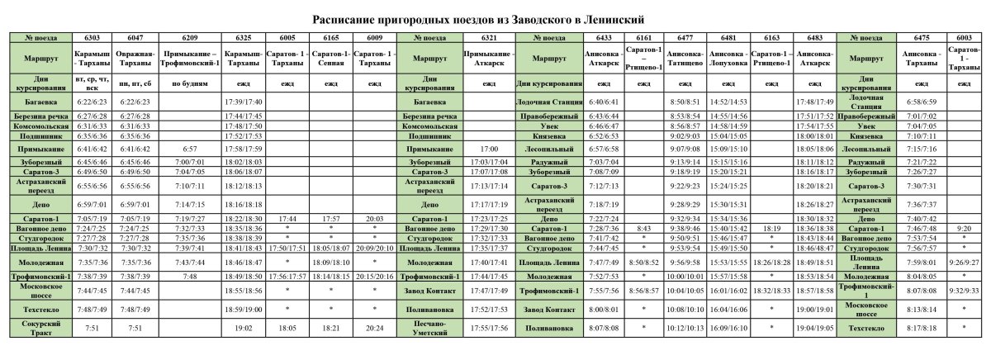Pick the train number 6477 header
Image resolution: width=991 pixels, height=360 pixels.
(685, 38)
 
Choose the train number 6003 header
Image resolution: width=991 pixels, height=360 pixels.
(964, 38)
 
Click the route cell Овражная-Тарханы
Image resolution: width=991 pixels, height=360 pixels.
(135, 59)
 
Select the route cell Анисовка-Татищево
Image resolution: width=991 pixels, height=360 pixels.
(685, 59)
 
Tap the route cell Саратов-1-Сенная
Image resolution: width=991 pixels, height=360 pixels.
(331, 59)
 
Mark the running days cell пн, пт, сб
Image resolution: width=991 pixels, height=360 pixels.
(135, 83)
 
